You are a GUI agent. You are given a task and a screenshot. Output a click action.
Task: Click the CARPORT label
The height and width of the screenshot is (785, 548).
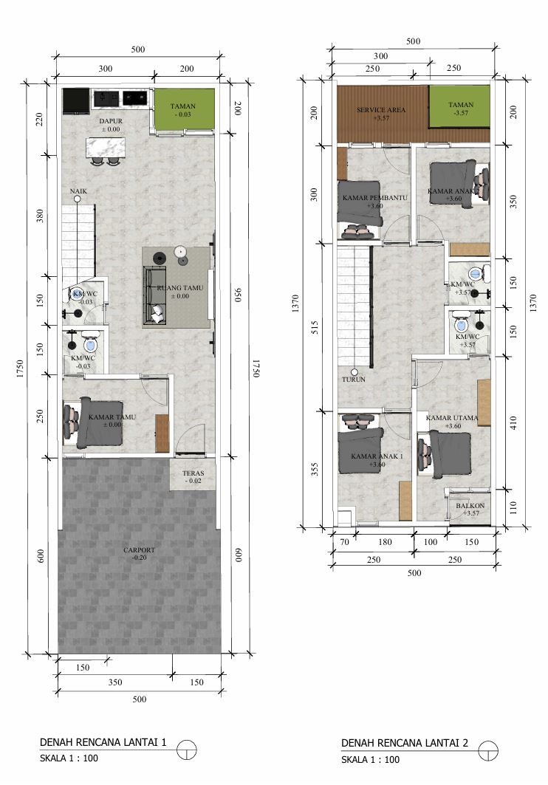(x=140, y=550)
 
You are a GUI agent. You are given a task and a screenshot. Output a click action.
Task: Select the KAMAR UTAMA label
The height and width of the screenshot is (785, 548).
(x=452, y=418)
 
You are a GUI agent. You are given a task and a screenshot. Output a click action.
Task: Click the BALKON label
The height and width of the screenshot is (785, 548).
(x=470, y=506)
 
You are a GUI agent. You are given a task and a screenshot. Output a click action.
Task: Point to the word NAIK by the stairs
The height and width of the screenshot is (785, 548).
(x=79, y=191)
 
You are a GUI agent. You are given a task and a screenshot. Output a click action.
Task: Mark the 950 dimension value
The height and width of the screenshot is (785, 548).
(x=238, y=295)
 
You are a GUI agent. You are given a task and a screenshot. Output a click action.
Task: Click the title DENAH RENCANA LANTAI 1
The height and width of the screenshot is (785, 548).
(x=103, y=742)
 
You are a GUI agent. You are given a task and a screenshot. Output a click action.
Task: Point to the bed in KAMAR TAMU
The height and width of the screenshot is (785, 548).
(x=94, y=424)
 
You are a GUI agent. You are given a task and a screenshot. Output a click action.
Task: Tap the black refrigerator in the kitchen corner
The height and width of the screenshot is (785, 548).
(x=75, y=101)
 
